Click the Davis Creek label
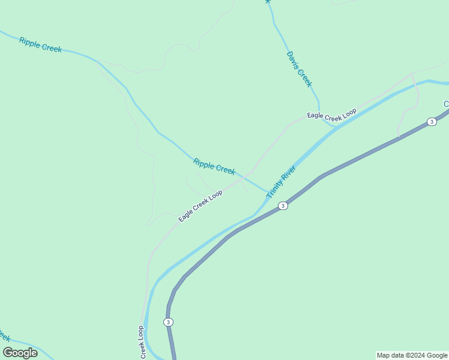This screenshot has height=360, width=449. point(299,68)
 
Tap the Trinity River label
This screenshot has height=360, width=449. point(282,182)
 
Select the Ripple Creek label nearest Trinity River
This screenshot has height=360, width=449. point(214,166)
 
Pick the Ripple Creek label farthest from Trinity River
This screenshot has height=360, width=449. point(40,44)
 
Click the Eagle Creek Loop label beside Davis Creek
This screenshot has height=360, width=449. point(332,113)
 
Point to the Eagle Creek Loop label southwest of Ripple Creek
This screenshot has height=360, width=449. point(200,206)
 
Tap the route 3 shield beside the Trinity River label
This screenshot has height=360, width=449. point(283,206)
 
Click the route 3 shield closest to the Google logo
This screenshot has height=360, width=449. point(169,322)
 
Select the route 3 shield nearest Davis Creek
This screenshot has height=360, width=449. point(432,122)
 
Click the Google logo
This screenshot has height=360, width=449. point(20,353)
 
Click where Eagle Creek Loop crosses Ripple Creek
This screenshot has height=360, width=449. point(243,178)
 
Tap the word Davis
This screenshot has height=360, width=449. point(292,59)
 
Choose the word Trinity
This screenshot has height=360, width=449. point(277,189)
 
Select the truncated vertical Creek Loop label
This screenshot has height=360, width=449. point(142,343)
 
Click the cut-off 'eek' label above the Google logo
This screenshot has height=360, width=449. point(4,335)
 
